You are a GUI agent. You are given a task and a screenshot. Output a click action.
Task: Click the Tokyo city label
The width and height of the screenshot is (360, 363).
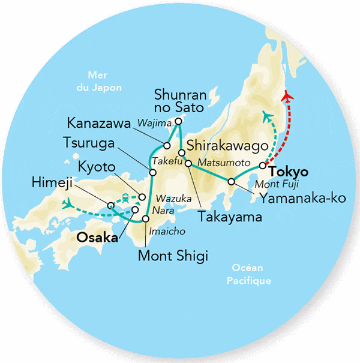(x=290, y=170)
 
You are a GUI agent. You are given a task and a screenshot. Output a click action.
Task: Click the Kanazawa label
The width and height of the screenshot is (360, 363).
(x=99, y=124)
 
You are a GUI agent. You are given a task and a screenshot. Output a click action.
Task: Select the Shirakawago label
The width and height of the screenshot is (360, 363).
(x=227, y=146)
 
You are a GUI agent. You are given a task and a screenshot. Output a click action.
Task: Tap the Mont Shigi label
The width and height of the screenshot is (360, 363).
(x=173, y=257)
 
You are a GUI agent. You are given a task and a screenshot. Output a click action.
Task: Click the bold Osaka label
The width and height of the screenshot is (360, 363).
(x=96, y=238)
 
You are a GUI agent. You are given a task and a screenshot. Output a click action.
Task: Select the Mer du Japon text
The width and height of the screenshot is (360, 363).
(x=102, y=82)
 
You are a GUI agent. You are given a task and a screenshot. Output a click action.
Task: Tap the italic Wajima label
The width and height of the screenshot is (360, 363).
(x=150, y=124)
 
